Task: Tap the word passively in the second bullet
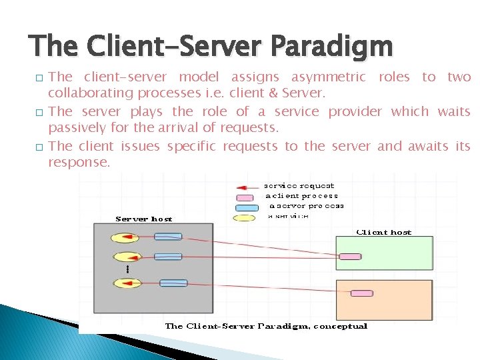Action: pyautogui.click(x=75, y=127)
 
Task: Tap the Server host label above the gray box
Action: pyautogui.click(x=143, y=219)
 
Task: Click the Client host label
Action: pyautogui.click(x=384, y=233)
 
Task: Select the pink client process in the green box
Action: pyautogui.click(x=350, y=256)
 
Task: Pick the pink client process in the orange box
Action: pyautogui.click(x=362, y=293)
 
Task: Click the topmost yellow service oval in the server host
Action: pyautogui.click(x=125, y=237)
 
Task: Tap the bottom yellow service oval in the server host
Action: pyautogui.click(x=125, y=283)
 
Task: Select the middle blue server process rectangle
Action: pyautogui.click(x=168, y=257)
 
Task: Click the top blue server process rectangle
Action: pyautogui.click(x=168, y=237)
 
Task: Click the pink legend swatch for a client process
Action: pyautogui.click(x=245, y=197)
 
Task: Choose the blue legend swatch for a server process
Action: pyautogui.click(x=247, y=207)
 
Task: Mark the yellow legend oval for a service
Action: pyautogui.click(x=243, y=217)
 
